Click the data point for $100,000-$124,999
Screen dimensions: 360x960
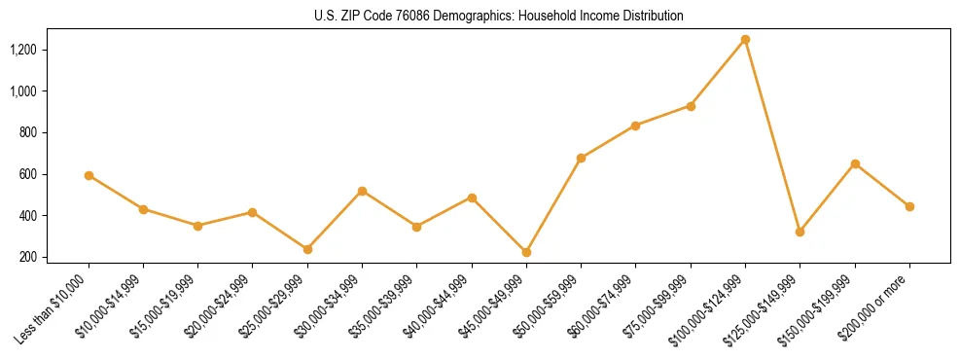[745, 39]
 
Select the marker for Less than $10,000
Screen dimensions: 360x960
[89, 175]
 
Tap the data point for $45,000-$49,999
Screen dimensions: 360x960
[526, 252]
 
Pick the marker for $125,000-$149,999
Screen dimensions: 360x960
[800, 232]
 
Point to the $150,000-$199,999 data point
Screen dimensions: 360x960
[855, 163]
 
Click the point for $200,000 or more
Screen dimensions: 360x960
[909, 206]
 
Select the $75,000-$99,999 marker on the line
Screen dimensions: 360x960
[691, 106]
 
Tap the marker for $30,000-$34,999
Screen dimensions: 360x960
[362, 191]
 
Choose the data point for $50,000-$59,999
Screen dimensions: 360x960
[581, 158]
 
